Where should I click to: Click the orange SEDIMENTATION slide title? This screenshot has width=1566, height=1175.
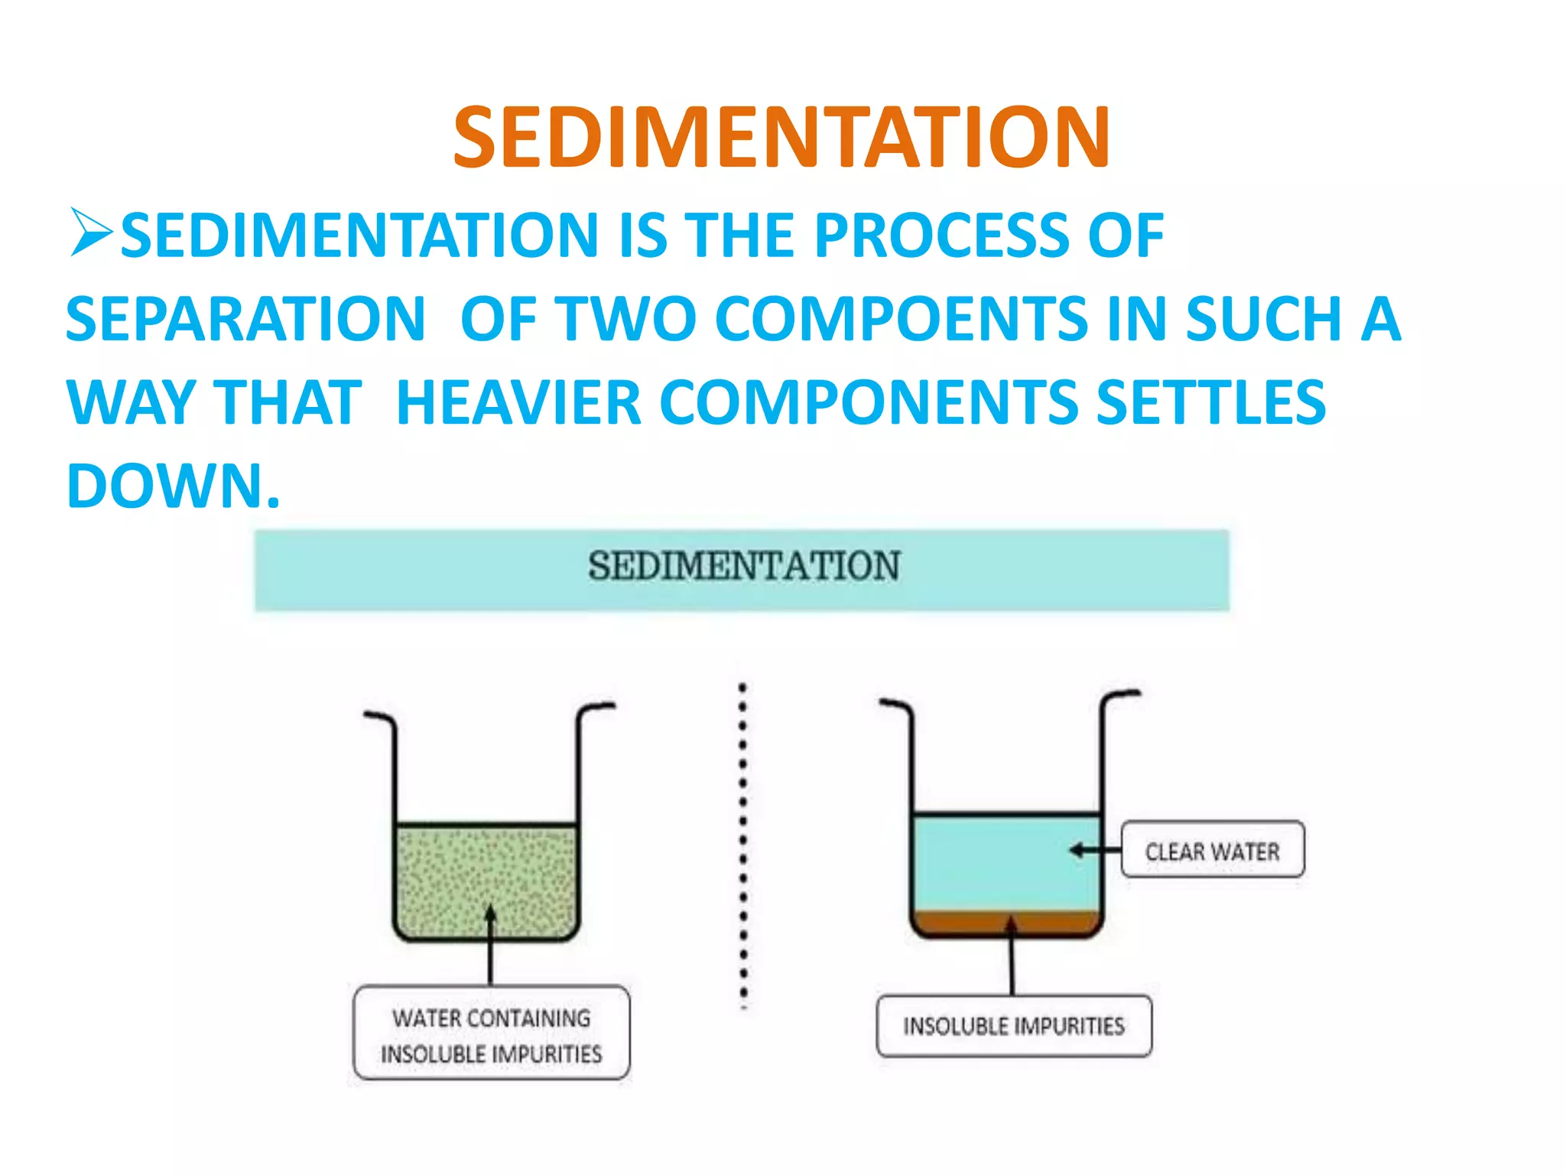(x=781, y=138)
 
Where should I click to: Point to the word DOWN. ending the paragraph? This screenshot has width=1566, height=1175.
(x=173, y=486)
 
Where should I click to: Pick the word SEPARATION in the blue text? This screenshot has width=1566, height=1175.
(x=245, y=319)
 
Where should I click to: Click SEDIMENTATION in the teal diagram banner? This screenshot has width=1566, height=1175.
(x=743, y=567)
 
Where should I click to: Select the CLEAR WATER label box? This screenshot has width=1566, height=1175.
(x=1212, y=850)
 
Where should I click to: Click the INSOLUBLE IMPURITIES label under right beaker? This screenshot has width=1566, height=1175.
(x=1013, y=1026)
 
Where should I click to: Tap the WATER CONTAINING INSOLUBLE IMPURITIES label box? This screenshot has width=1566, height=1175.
(x=491, y=1033)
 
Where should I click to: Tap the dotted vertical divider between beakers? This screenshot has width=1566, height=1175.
(x=742, y=841)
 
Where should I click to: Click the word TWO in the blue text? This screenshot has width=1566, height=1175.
(x=625, y=319)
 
